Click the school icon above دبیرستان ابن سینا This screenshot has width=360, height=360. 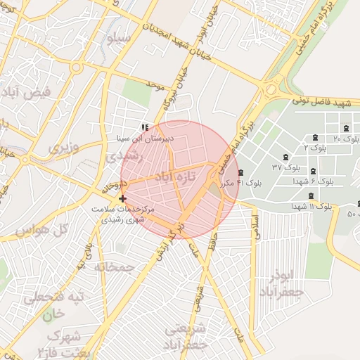point(145,128)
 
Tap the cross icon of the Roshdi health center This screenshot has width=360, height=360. point(123,199)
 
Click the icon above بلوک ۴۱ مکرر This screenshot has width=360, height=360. point(240,172)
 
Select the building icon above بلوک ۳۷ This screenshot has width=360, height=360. point(285,157)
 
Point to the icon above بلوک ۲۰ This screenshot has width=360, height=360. point(346,128)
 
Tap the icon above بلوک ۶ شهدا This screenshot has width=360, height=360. point(312,171)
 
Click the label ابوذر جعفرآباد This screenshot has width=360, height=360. point(280,283)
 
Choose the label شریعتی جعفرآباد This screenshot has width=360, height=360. point(186,337)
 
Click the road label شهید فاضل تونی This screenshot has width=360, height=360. point(323,104)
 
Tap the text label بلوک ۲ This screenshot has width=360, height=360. point(315,148)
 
